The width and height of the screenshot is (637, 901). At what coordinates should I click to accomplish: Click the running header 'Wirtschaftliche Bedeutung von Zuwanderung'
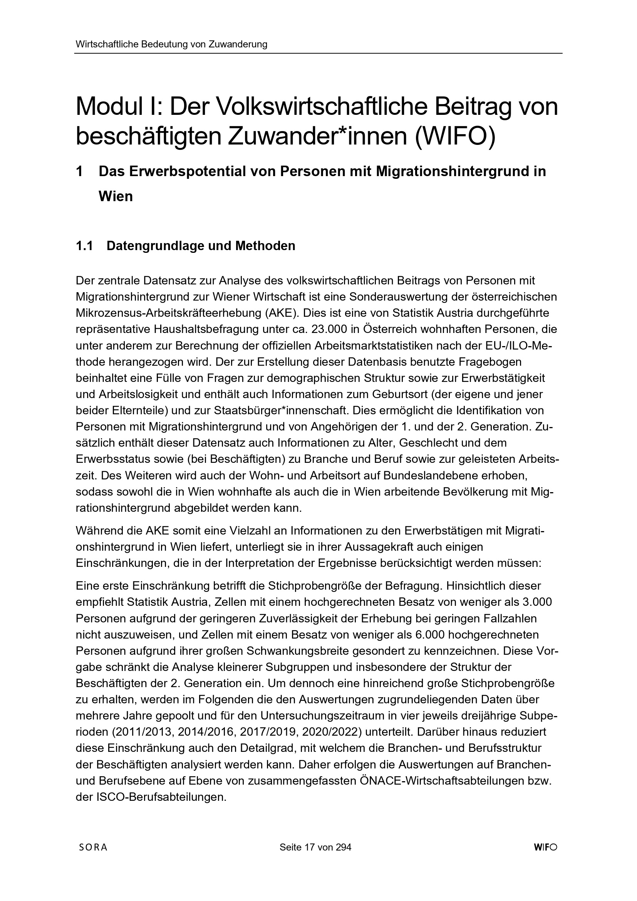[x=171, y=44]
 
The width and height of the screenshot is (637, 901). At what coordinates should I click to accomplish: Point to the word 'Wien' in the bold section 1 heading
[x=116, y=196]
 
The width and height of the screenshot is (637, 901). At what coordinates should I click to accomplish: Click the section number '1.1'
[x=85, y=246]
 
